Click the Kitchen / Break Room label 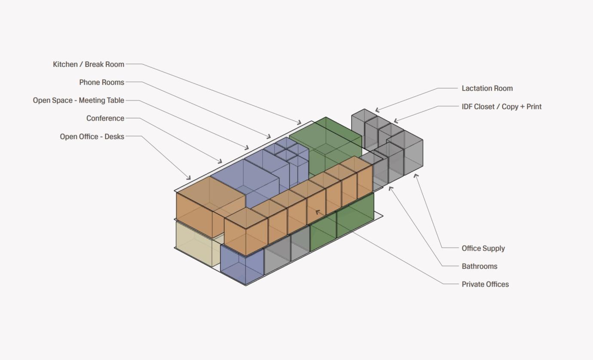point(89,64)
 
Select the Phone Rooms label point(102,82)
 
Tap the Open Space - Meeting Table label point(79,101)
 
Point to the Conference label point(105,119)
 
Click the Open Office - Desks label point(92,137)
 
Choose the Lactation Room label point(487,88)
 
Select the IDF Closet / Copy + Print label point(501,107)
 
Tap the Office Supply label point(483,248)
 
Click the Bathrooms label point(480,266)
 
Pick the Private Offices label point(485,284)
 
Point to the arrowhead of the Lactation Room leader point(376,111)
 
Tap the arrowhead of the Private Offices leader point(317,211)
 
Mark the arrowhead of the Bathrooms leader point(390,188)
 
